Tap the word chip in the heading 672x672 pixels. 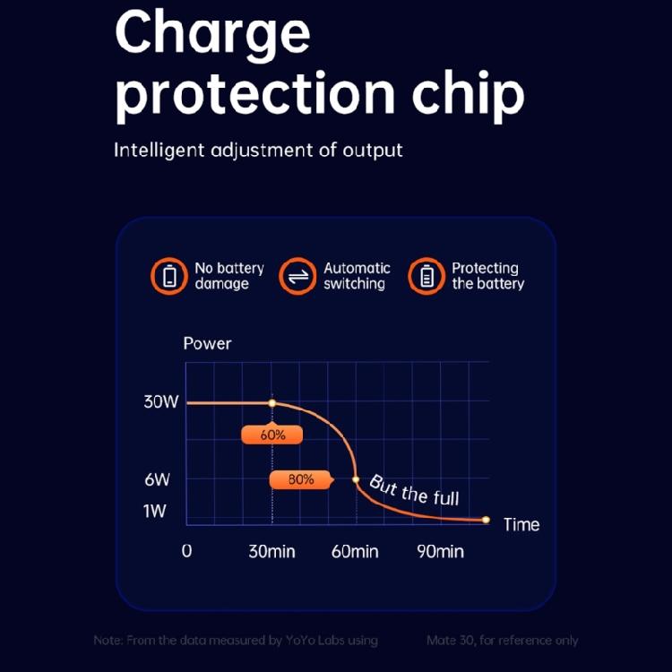click(x=468, y=97)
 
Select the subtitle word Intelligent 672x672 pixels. click(x=159, y=151)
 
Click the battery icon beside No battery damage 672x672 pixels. click(x=169, y=276)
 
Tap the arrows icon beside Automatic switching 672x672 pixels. click(x=297, y=276)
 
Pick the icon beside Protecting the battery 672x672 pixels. click(x=426, y=276)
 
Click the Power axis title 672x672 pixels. click(x=207, y=344)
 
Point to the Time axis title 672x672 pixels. click(x=521, y=524)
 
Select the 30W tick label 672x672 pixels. click(x=161, y=402)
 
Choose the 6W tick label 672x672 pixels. click(x=158, y=479)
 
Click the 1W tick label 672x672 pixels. click(x=155, y=511)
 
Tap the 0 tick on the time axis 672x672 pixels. click(x=187, y=551)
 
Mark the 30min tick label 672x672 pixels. click(x=271, y=551)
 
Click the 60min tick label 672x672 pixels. click(x=355, y=551)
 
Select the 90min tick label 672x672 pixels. click(x=440, y=551)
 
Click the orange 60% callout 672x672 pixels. click(x=272, y=435)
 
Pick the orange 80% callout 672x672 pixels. click(x=301, y=479)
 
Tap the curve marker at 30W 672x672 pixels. click(x=272, y=403)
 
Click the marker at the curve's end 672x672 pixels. click(x=486, y=520)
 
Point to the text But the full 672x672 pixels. click(x=414, y=491)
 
